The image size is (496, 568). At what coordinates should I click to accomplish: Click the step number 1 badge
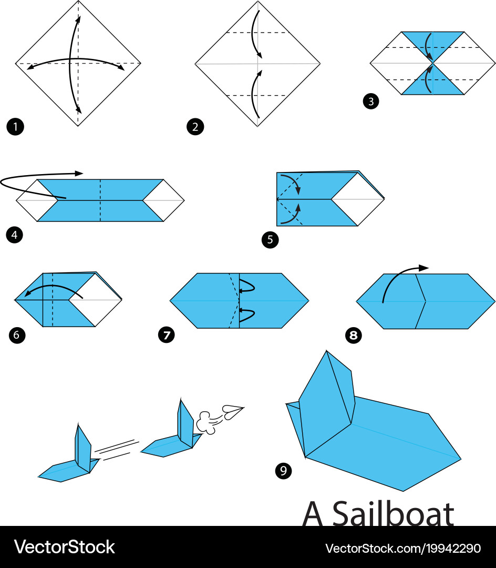(x=15, y=127)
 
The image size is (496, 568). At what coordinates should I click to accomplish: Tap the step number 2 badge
(x=195, y=127)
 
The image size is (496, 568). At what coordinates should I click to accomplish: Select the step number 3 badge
(x=371, y=102)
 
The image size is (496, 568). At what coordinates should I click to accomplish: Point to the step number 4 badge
(x=14, y=235)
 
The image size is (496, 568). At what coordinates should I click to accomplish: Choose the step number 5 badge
(x=270, y=240)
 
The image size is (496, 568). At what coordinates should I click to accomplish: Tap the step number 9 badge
(x=283, y=471)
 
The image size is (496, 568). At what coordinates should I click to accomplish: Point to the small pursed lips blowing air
(x=232, y=411)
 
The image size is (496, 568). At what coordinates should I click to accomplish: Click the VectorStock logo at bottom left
(x=64, y=547)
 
